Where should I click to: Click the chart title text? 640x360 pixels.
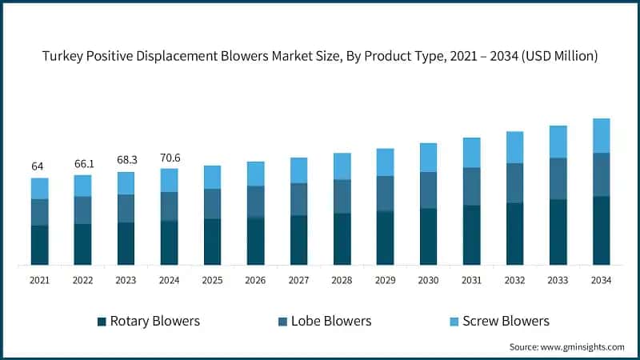pyautogui.click(x=320, y=55)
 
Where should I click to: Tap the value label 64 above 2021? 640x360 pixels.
pyautogui.click(x=38, y=166)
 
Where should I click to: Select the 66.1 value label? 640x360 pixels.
pyautogui.click(x=82, y=163)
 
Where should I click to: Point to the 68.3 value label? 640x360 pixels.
pyautogui.click(x=126, y=160)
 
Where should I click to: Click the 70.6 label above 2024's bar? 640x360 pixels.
pyautogui.click(x=169, y=158)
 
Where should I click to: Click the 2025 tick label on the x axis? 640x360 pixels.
pyautogui.click(x=212, y=280)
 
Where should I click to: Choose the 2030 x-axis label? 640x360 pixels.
pyautogui.click(x=428, y=280)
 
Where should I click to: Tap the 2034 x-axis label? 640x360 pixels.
pyautogui.click(x=601, y=280)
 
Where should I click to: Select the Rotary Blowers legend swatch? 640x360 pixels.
pyautogui.click(x=102, y=322)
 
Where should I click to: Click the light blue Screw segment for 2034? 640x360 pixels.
pyautogui.click(x=601, y=135)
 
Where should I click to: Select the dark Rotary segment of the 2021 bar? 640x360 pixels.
pyautogui.click(x=39, y=245)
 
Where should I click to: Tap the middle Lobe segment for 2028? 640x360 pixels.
pyautogui.click(x=342, y=196)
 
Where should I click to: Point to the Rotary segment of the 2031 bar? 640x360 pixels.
pyautogui.click(x=471, y=234)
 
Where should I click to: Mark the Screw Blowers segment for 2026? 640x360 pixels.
pyautogui.click(x=255, y=174)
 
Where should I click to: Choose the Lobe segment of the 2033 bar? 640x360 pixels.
pyautogui.click(x=558, y=178)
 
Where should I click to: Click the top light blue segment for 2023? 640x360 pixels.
pyautogui.click(x=126, y=183)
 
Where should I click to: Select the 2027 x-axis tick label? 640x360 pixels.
pyautogui.click(x=298, y=280)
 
